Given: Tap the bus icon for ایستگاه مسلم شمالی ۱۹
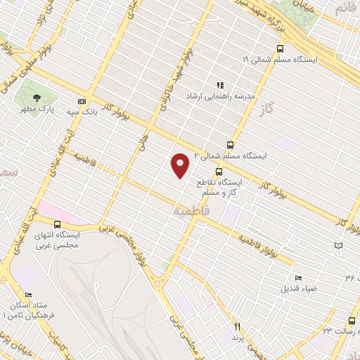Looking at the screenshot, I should click(281, 49).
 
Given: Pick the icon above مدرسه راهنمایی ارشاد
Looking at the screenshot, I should click(220, 84).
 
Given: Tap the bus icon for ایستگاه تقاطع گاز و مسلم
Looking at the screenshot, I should click(219, 171).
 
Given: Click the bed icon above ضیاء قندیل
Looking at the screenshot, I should click(298, 278).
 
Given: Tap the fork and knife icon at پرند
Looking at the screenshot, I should click(238, 326).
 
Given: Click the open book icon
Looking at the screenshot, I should click(340, 245).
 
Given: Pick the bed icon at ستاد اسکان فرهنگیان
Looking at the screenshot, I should click(28, 295).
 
